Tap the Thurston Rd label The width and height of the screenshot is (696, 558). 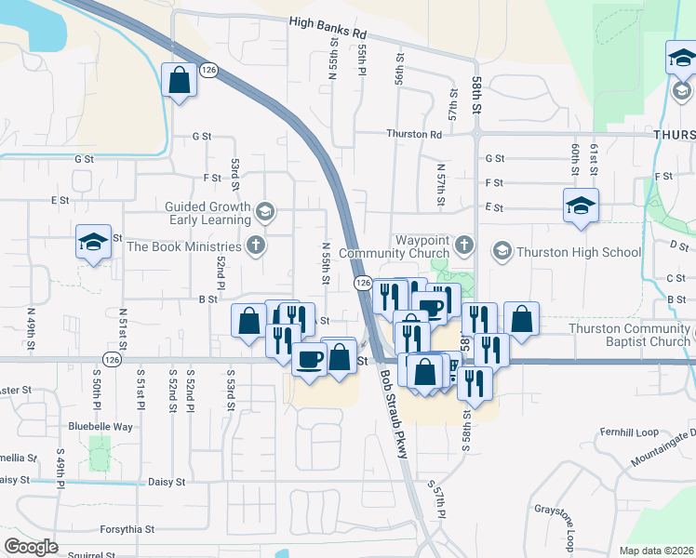pos(415,134)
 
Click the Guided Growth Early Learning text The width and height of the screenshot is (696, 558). pos(207,213)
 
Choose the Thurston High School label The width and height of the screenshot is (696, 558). pos(579,252)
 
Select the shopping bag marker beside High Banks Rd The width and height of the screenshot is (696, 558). pos(179,80)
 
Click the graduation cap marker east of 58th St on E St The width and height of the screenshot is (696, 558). pos(581,206)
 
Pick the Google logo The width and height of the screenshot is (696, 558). pos(31,546)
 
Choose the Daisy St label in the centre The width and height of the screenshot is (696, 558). pos(167,483)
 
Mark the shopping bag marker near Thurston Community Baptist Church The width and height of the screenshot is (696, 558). pos(521,318)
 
